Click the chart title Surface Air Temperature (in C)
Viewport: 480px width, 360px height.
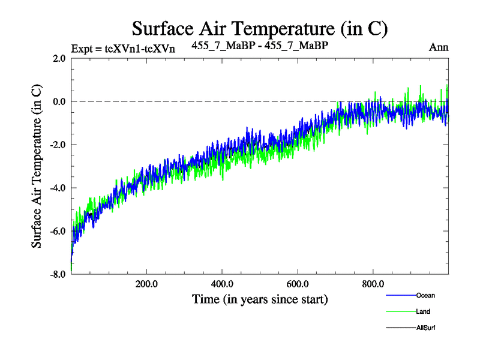[260, 28]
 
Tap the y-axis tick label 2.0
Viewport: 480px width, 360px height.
[59, 58]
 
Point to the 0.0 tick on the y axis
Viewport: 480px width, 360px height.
[59, 101]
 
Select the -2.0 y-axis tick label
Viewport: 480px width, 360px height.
[58, 145]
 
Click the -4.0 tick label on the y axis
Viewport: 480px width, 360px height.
[58, 188]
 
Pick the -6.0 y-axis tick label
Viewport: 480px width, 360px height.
[58, 231]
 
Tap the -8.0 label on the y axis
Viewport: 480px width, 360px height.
[58, 274]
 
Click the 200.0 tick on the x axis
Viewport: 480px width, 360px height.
[146, 284]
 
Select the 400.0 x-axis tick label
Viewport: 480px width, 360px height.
[222, 284]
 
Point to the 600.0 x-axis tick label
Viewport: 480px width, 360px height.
[298, 284]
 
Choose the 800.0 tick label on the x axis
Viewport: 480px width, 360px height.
[373, 284]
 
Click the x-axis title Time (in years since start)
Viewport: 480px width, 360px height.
[260, 298]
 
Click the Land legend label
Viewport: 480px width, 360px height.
[422, 311]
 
